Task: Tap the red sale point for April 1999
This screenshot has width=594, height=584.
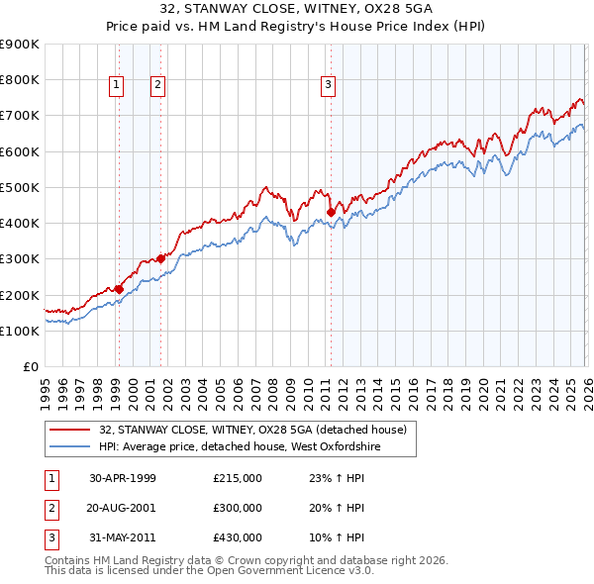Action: tap(119, 289)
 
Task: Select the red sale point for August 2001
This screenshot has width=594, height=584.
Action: tap(160, 258)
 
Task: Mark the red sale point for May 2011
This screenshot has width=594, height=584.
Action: tap(331, 212)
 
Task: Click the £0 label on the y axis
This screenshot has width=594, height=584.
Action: tap(31, 367)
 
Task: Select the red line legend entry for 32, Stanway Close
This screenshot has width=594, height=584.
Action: tap(252, 431)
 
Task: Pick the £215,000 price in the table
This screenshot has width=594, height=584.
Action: tap(238, 478)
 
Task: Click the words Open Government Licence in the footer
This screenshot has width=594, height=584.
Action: tap(282, 571)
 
